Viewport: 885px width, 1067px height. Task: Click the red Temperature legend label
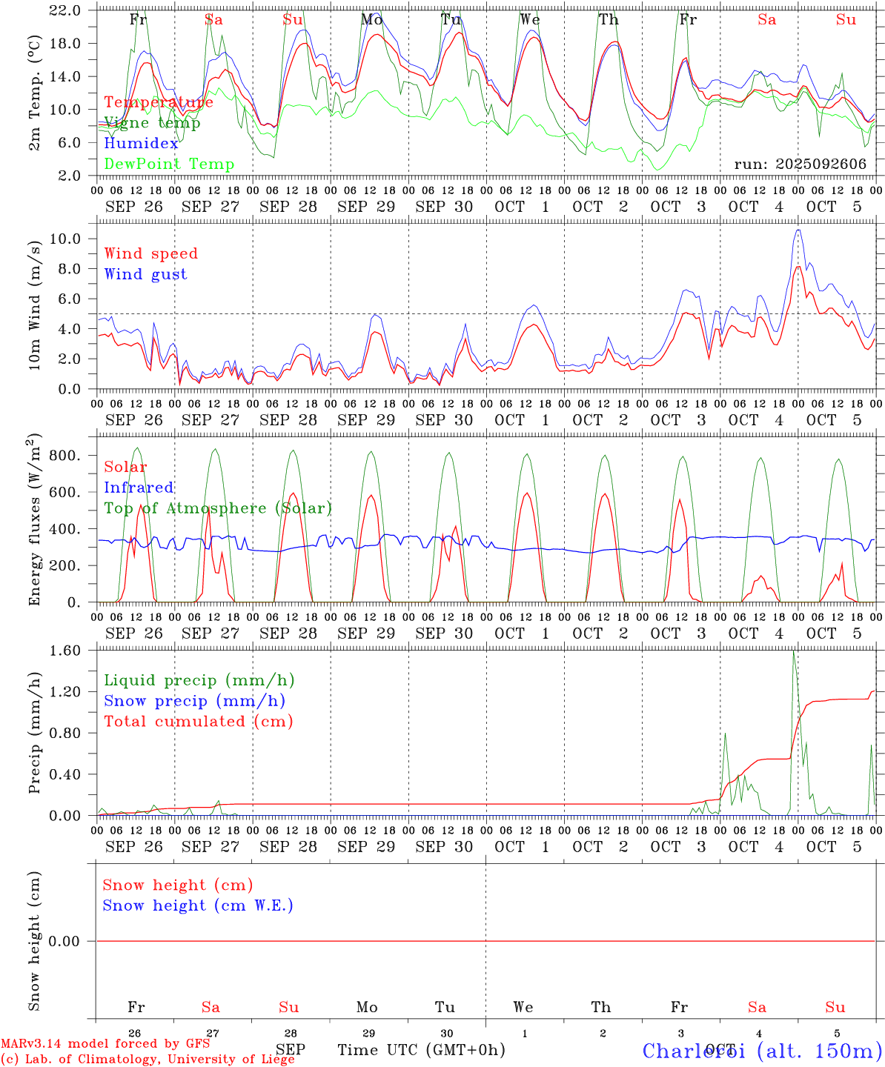coord(159,102)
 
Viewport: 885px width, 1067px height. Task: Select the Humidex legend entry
coord(141,144)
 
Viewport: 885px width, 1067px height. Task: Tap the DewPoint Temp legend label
coord(169,164)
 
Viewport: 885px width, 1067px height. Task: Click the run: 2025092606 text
coord(800,164)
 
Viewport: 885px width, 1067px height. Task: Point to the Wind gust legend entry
coord(145,274)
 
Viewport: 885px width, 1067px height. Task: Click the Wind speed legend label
coord(151,253)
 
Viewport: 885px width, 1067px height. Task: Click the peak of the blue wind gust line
coord(798,230)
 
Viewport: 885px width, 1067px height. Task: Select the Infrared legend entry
coord(139,488)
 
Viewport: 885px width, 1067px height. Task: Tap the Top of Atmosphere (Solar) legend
coord(218,508)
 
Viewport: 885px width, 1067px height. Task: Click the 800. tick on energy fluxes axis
coord(67,456)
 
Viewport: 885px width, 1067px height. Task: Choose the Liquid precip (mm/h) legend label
coord(199,680)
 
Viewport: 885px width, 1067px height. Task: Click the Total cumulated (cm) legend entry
coord(199,722)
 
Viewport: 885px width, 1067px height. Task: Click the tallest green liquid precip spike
coord(794,651)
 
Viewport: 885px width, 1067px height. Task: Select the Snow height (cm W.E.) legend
coord(198,905)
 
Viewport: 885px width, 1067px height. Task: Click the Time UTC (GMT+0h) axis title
coord(421,1050)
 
